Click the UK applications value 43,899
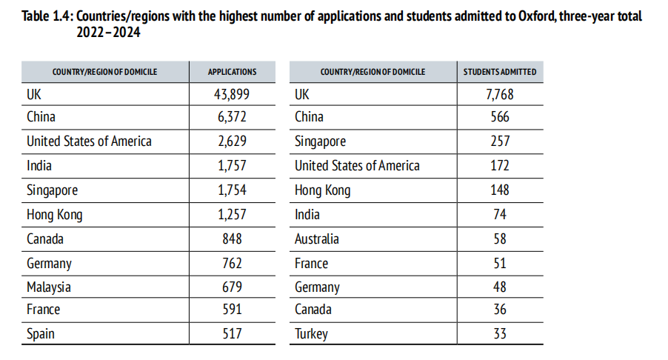[x=232, y=94]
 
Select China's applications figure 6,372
[x=232, y=117]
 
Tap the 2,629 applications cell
[x=232, y=141]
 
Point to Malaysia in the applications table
[x=49, y=287]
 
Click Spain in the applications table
[x=41, y=334]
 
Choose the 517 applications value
[x=232, y=334]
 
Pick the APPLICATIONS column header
[x=232, y=72]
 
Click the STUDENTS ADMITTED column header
[x=500, y=72]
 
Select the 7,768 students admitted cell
[x=500, y=94]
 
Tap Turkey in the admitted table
[x=311, y=334]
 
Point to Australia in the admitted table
[x=317, y=239]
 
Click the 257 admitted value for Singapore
[x=500, y=141]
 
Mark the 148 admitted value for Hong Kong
[x=500, y=190]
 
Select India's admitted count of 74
[x=500, y=214]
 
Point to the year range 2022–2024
[x=108, y=32]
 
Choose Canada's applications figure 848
[x=232, y=239]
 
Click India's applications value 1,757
[x=232, y=166]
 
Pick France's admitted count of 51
[x=500, y=263]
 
